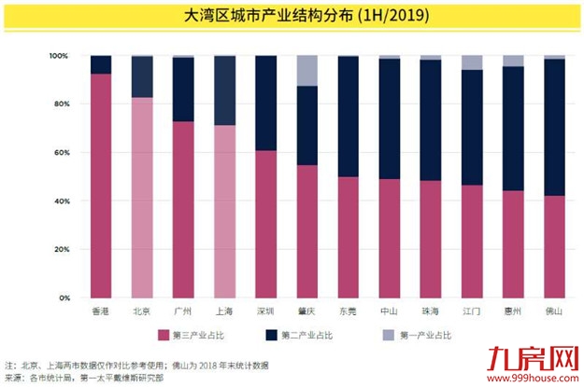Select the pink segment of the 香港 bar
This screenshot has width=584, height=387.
101,187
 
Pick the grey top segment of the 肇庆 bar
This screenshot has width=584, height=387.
306,70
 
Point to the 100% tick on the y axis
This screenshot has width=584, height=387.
60,56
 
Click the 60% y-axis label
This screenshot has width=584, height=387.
62,153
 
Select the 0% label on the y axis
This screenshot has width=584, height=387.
64,298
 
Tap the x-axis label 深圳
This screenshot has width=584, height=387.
265,311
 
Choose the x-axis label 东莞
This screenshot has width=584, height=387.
348,311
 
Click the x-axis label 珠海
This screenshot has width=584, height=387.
431,311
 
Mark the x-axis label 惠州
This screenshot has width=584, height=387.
513,311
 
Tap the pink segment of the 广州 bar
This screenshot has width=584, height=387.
183,210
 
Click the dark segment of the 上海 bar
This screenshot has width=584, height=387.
224,90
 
